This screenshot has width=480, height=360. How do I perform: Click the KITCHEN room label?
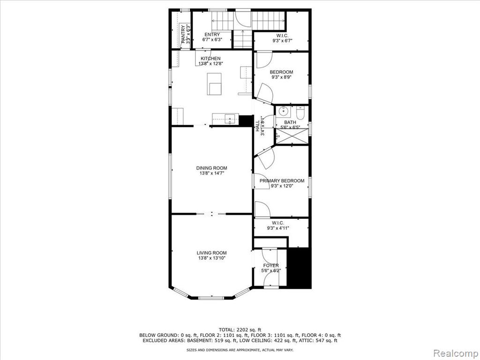[x=210, y=59]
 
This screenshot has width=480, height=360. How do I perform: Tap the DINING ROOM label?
[x=211, y=168]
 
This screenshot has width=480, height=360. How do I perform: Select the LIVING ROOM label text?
[x=211, y=253]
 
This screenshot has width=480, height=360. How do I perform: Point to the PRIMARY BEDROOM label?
[x=282, y=180]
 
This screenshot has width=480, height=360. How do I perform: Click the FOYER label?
[x=271, y=265]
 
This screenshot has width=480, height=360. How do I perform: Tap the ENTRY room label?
[x=212, y=35]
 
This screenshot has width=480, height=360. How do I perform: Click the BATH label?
[x=290, y=122]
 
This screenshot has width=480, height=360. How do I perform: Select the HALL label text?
[x=257, y=126]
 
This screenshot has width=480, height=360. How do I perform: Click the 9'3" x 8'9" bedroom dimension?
[x=281, y=77]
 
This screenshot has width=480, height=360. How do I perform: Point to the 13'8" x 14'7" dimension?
[x=211, y=173]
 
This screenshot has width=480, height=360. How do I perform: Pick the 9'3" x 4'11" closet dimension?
[x=278, y=228]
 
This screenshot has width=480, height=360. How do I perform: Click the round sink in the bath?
[x=284, y=112]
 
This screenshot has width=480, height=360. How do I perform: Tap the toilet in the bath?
[x=300, y=113]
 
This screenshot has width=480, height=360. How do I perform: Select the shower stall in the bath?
[x=292, y=136]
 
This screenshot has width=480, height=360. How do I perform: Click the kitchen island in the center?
[x=214, y=84]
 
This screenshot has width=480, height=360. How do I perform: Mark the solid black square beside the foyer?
[x=300, y=267]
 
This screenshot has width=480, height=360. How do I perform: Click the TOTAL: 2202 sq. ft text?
[x=240, y=330]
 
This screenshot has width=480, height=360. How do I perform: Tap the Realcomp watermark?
[x=456, y=353]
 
